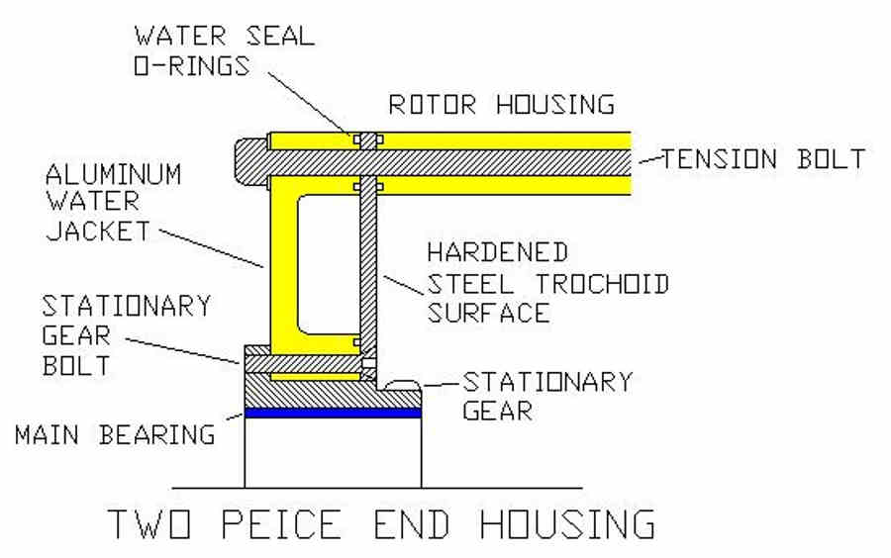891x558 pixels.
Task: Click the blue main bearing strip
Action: tap(333, 413)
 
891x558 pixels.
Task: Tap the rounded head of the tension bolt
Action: tap(250, 163)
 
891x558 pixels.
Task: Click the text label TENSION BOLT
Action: tap(763, 159)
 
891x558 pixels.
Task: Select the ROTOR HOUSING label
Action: tap(501, 105)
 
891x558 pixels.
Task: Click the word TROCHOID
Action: tap(602, 284)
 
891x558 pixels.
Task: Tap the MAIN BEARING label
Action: tap(116, 434)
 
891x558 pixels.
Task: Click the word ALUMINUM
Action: tap(113, 174)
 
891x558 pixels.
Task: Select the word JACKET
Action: tap(98, 231)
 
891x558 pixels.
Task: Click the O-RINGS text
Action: tap(191, 66)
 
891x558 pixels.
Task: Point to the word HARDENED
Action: tap(497, 252)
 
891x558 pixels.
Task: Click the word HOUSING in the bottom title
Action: tap(567, 523)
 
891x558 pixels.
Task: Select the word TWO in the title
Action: tap(149, 523)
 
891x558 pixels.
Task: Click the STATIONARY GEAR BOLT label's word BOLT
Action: tap(76, 365)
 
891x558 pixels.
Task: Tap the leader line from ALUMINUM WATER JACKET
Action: tap(212, 248)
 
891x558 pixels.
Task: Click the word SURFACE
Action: tap(489, 313)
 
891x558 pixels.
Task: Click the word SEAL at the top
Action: tap(280, 36)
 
